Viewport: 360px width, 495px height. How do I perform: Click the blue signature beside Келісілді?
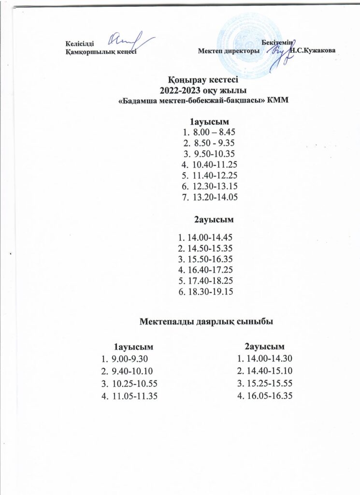pyautogui.click(x=128, y=39)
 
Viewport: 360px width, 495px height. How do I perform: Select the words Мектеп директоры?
pyautogui.click(x=229, y=51)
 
